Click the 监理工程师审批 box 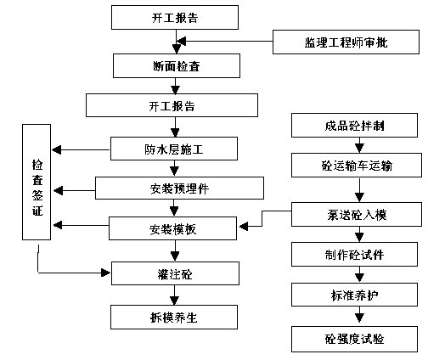(346, 42)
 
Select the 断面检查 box (177, 66)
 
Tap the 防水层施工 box (174, 149)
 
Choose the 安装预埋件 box (179, 188)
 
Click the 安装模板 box (173, 228)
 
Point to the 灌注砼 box (176, 273)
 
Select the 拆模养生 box (174, 318)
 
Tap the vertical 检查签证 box (37, 183)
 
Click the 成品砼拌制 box (354, 125)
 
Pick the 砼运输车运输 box (357, 165)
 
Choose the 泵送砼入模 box (357, 214)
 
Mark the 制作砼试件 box (354, 254)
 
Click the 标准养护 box (354, 295)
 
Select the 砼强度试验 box (354, 339)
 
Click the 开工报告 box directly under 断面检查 (172, 105)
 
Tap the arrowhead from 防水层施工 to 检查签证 (57, 149)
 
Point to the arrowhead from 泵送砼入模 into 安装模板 (244, 227)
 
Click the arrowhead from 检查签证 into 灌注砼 (105, 273)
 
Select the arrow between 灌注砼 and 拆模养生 (175, 295)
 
